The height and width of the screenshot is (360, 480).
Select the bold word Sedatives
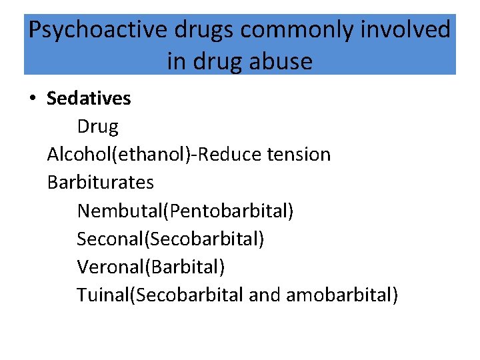89,99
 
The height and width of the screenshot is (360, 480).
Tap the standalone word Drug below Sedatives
97,127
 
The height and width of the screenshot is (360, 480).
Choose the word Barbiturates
101,182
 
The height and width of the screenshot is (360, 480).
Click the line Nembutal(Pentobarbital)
185,211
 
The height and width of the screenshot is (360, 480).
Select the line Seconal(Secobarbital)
170,239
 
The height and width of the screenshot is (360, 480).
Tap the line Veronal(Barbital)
151,267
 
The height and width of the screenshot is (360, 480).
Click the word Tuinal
102,295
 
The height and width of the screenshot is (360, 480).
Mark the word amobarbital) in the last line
341,295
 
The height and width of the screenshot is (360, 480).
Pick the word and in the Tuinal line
265,295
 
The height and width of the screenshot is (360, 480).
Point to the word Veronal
111,267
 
